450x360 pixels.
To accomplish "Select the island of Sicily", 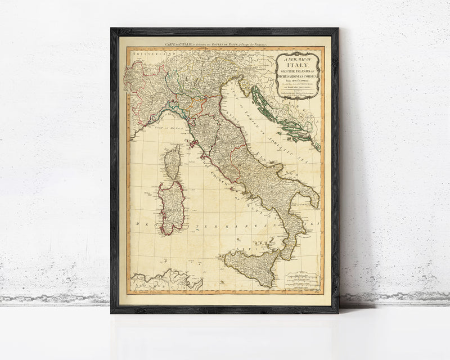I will click(x=251, y=264).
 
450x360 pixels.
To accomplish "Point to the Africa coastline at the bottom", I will click(x=163, y=280).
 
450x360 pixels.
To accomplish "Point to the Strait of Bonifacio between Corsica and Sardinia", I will click(x=172, y=179).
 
